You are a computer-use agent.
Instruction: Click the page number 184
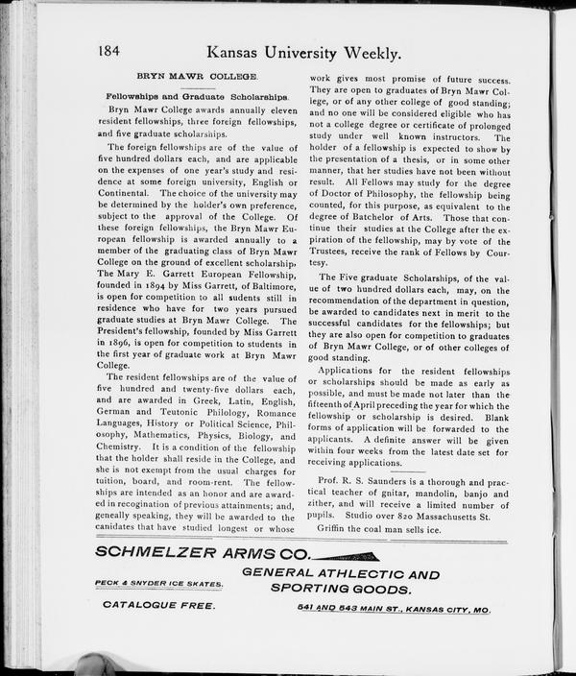(x=112, y=50)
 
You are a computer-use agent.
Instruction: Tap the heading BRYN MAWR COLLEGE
(x=196, y=76)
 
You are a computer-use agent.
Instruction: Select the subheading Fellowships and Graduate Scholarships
(x=196, y=98)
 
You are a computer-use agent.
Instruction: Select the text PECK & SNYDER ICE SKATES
(x=158, y=583)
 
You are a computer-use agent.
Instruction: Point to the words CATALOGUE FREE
(x=158, y=607)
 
